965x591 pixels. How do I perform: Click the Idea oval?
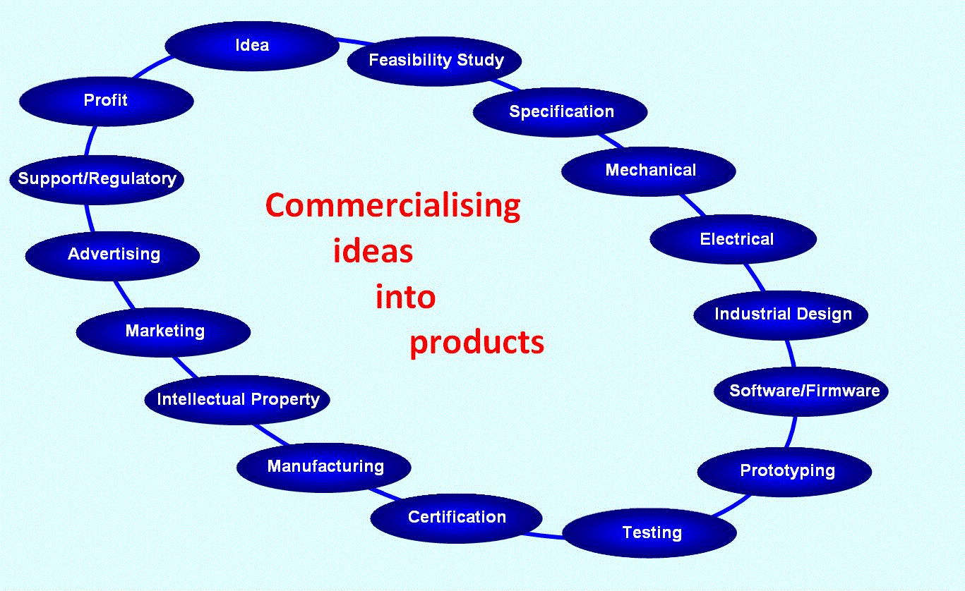pos(252,46)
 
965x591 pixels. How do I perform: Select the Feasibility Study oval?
pos(436,61)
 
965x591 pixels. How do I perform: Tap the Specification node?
pos(561,112)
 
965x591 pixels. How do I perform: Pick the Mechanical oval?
pos(649,171)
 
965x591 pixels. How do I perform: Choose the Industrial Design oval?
pos(781,315)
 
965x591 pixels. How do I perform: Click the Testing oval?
pos(650,532)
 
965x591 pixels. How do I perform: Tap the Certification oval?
pos(456,518)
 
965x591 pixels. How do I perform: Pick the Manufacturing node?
pos(324,467)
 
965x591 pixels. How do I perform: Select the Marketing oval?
pos(164,331)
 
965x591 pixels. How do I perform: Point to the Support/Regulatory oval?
pos(97,179)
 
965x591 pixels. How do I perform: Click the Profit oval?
pos(106,101)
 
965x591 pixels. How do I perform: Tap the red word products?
pos(477,343)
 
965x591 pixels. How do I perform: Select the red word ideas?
pos(373,252)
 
